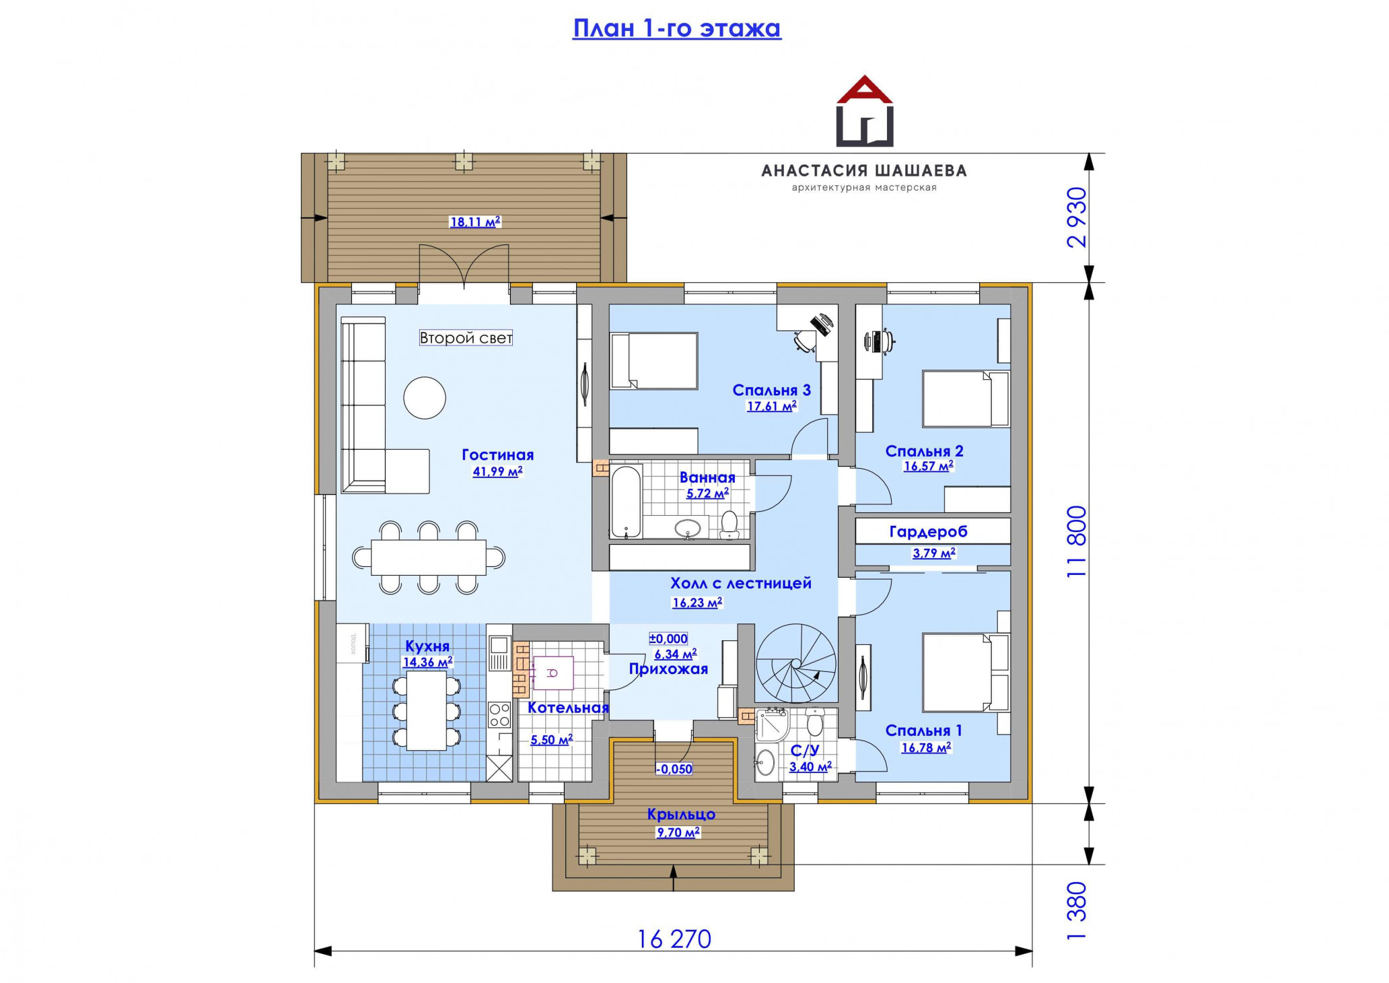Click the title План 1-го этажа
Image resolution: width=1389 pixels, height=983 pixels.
[676, 28]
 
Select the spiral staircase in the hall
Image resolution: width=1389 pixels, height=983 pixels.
[796, 663]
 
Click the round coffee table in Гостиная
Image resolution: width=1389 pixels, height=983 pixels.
[425, 398]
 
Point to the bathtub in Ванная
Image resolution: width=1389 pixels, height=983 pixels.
[627, 502]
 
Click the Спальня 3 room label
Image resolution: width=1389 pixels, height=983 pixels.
[771, 391]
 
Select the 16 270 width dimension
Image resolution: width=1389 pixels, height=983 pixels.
[674, 939]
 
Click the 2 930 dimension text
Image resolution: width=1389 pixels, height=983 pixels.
[1077, 217]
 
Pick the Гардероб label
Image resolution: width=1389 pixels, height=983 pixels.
[928, 532]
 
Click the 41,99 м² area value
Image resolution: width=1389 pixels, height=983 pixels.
[497, 471]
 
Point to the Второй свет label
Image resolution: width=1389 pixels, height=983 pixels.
[466, 338]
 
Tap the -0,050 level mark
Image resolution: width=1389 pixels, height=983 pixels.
[674, 769]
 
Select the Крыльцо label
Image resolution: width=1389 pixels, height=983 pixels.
[681, 815]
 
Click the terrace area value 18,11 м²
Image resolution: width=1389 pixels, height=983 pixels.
[475, 222]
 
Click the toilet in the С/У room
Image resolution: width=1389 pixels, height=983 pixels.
[815, 722]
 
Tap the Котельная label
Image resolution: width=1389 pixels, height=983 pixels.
[568, 708]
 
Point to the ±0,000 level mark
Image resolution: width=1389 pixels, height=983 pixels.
[668, 639]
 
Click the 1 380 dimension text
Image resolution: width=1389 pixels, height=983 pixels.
[1077, 910]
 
